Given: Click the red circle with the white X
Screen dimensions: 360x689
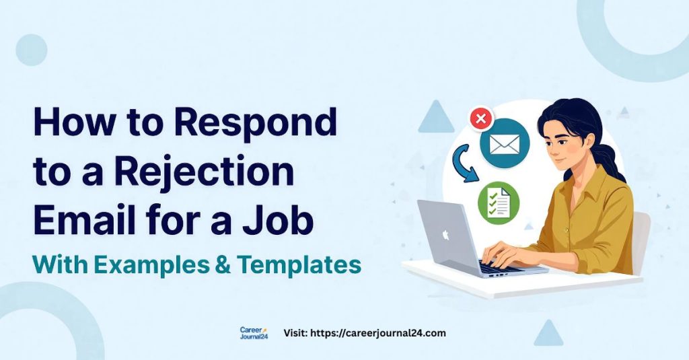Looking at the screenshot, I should (x=480, y=120).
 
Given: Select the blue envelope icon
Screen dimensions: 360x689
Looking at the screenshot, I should (x=505, y=143).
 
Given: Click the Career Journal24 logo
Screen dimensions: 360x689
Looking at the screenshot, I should (x=254, y=333).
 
